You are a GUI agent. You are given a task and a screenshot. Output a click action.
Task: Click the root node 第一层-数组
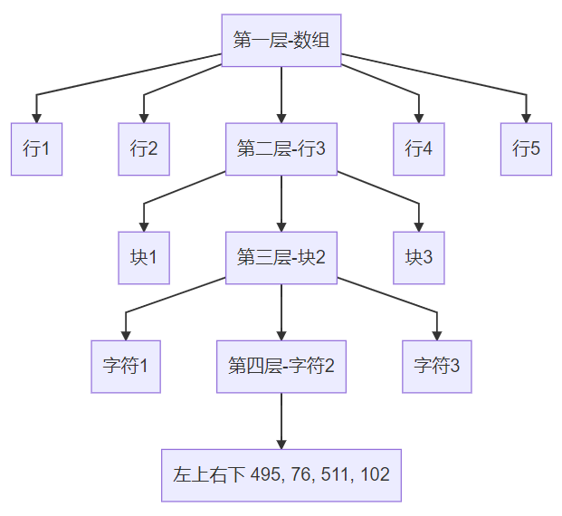pos(281,40)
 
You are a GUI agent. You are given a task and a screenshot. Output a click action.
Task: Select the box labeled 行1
pos(36,148)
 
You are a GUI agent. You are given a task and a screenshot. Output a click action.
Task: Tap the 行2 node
pos(144,148)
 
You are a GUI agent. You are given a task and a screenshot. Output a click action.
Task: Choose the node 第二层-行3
pos(281,148)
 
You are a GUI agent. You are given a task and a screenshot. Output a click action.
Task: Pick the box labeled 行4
pos(419,148)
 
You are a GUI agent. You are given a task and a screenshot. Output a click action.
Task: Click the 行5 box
pos(526,148)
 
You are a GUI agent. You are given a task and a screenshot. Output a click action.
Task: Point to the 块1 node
pos(144,257)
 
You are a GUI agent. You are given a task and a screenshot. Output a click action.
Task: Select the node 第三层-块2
pos(281,257)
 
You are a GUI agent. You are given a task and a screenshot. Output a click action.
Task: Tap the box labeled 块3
pos(419,257)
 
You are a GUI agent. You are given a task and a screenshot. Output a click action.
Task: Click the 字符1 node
pos(126,366)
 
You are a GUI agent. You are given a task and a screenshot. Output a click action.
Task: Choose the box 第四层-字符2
pos(281,366)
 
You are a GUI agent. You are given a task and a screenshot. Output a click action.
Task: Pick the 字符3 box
pos(437,366)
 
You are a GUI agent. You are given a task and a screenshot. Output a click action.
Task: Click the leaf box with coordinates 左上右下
pos(281,474)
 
